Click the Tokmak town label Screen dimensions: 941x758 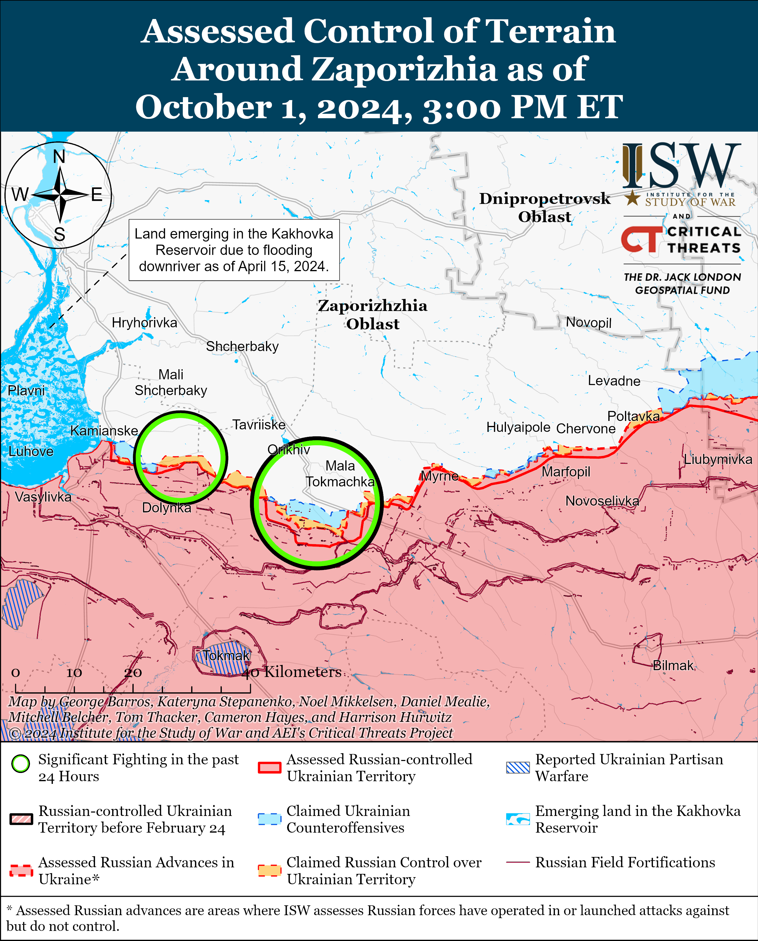click(x=226, y=655)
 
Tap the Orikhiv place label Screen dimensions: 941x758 click(x=289, y=449)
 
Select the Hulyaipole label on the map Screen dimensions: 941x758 click(x=518, y=427)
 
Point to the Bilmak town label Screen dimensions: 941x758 click(x=673, y=665)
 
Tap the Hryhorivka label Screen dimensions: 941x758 click(x=145, y=323)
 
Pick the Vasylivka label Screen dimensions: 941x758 click(x=43, y=497)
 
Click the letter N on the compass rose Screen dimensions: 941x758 click(x=59, y=157)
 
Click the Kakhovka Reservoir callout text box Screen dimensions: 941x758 click(x=234, y=250)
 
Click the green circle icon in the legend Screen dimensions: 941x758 click(x=20, y=764)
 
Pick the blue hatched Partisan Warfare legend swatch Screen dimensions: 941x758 click(x=518, y=768)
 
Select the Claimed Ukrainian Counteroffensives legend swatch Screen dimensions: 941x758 click(x=269, y=819)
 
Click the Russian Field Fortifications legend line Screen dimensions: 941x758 click(x=518, y=862)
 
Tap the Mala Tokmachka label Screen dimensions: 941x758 click(x=340, y=473)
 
